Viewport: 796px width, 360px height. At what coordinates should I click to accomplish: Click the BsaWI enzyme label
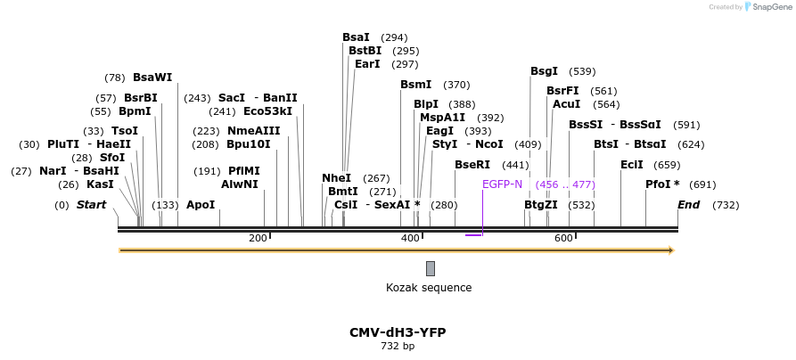point(152,78)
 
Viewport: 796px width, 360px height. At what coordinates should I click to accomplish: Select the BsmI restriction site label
point(415,85)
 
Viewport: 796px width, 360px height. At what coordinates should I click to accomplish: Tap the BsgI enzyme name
point(544,71)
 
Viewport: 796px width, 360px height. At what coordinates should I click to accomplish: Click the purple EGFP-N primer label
point(502,184)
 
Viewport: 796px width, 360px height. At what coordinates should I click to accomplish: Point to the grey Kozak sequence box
point(431,268)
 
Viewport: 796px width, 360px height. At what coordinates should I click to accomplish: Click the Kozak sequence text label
point(429,288)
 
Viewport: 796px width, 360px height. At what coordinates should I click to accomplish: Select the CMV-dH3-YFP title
point(398,332)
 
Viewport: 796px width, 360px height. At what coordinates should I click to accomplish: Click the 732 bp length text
point(398,346)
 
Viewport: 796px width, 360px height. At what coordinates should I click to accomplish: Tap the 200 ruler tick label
point(258,238)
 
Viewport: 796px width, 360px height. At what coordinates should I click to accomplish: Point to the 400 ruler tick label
point(410,238)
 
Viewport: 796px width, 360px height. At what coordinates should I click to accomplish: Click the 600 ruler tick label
point(563,238)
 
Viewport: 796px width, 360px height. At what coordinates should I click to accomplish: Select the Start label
point(91,205)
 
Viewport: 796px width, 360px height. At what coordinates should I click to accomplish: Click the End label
point(688,205)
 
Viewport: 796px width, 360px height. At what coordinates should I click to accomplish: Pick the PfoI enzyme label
point(662,184)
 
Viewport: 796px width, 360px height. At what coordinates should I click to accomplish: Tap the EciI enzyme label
point(632,165)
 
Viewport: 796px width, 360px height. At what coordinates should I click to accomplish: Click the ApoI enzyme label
point(201,205)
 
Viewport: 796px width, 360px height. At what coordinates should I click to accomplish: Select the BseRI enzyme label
point(472,165)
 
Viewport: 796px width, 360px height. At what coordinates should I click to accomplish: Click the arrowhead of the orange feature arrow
point(671,250)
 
